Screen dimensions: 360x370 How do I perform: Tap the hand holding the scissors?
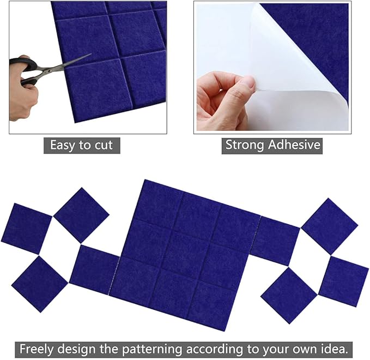22,98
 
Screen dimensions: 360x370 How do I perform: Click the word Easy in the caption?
62,145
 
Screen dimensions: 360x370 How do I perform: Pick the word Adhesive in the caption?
296,145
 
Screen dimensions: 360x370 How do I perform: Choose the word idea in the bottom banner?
337,347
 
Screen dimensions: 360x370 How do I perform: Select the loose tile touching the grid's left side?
94,269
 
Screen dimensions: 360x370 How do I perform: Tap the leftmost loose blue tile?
26,229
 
